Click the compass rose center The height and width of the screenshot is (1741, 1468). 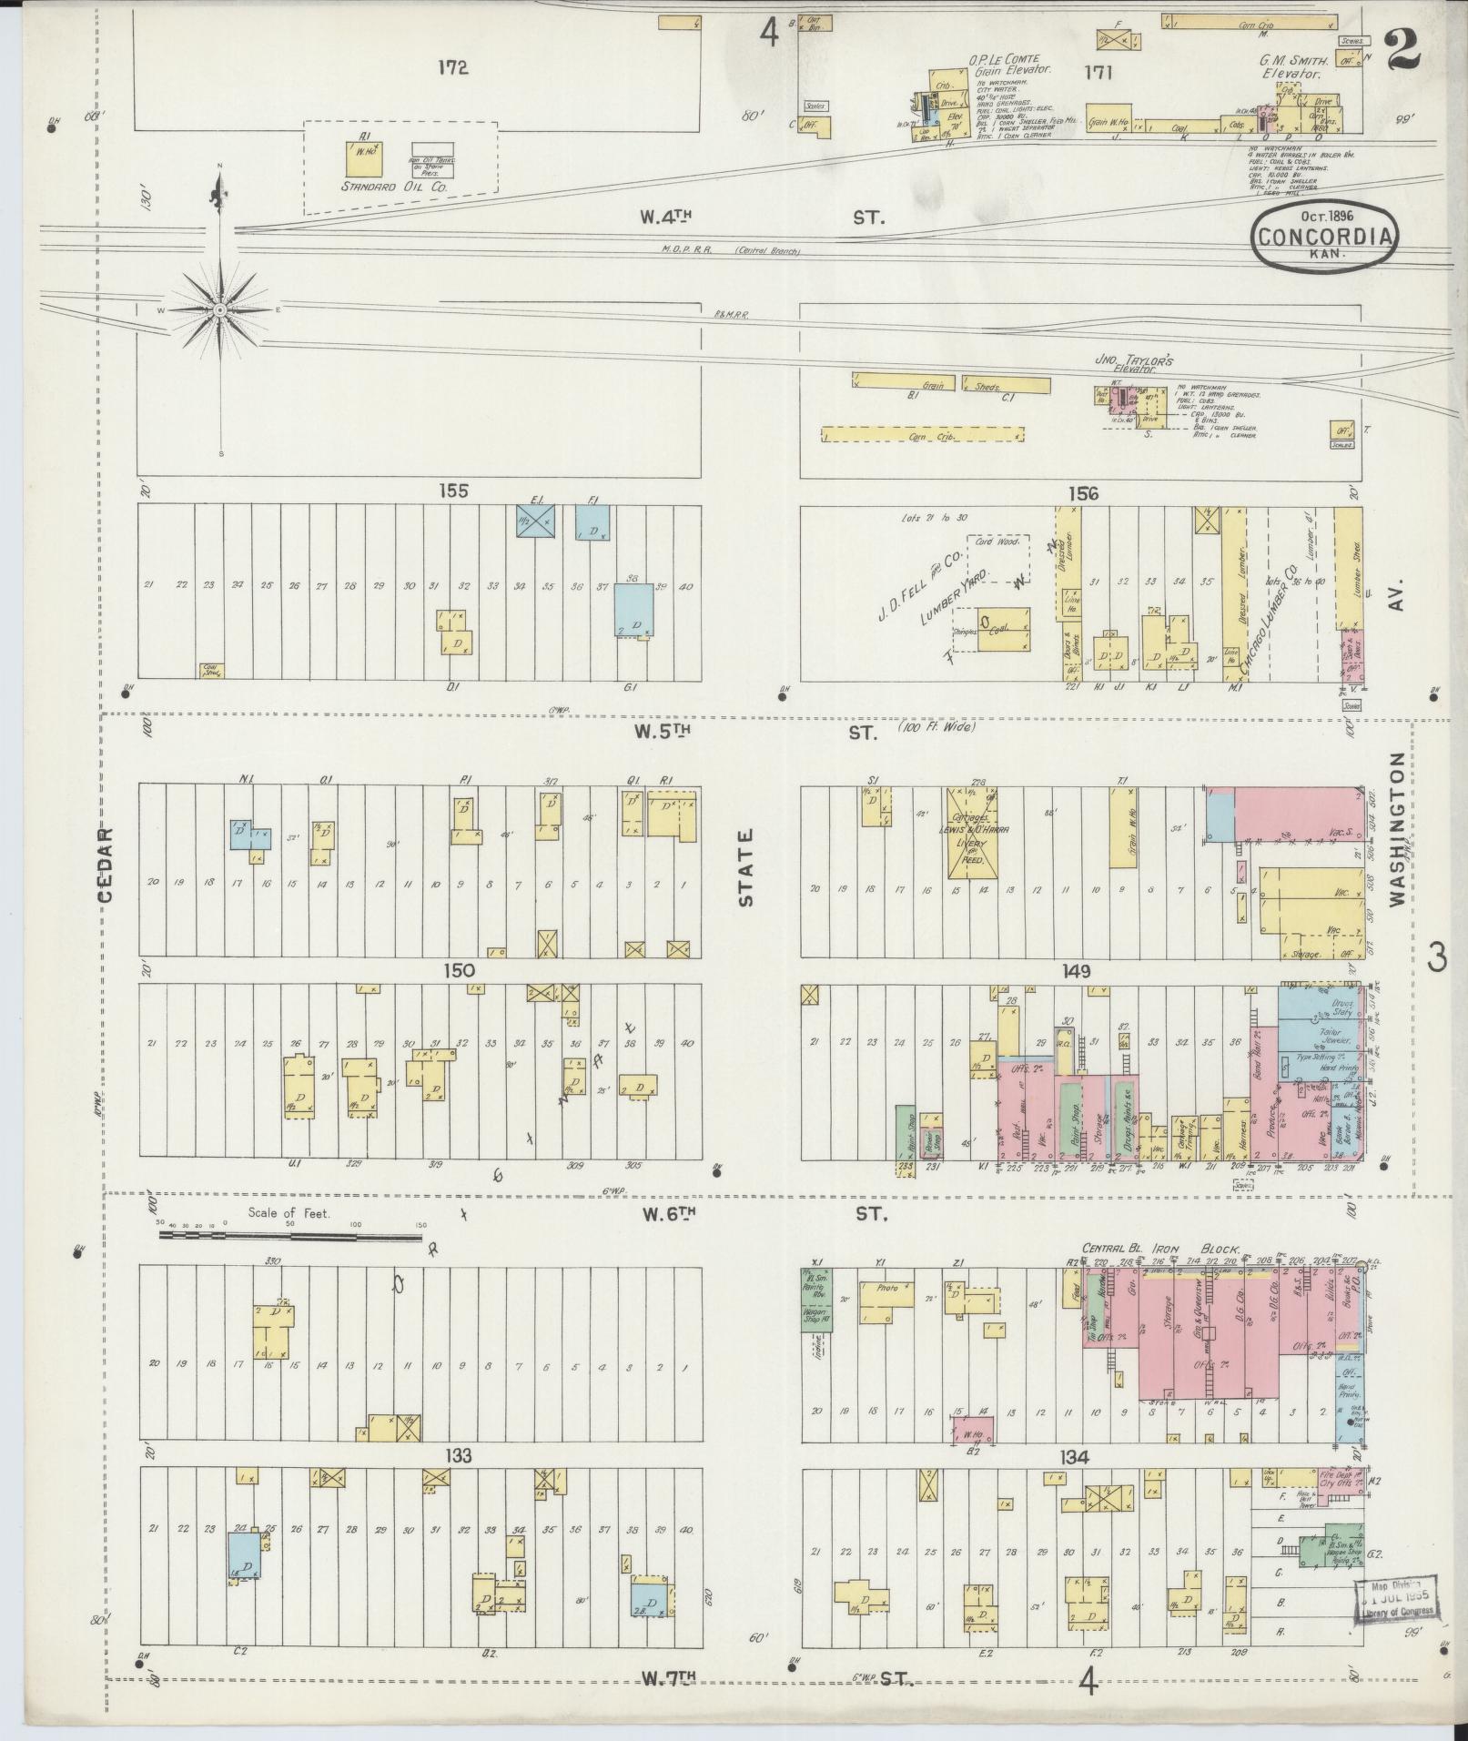(220, 310)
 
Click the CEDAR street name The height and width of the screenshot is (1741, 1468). (106, 865)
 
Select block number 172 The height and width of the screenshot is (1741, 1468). (451, 67)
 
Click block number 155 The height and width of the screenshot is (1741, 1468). (452, 491)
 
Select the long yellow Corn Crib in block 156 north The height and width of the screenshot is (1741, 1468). (923, 435)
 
